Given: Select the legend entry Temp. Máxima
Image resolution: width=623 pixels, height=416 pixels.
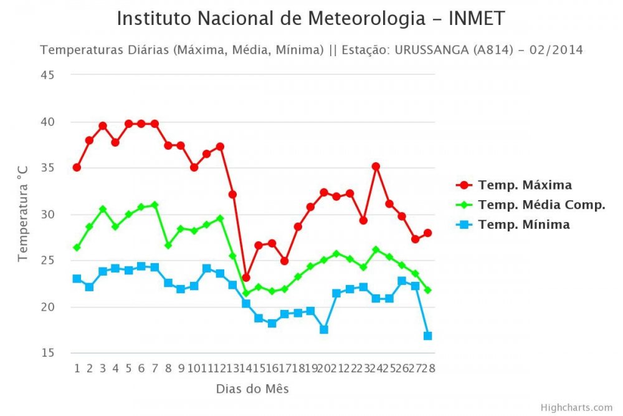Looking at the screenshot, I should click(525, 185).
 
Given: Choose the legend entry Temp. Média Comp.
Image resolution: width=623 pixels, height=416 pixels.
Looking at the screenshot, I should click(541, 205).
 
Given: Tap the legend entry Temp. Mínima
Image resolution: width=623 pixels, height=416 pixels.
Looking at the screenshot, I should click(523, 225).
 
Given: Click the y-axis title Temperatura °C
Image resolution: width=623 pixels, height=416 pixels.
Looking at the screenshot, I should click(23, 214).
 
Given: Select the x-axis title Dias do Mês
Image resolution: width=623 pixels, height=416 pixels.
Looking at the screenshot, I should click(252, 389).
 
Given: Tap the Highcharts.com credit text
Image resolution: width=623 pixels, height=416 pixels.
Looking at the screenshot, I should click(577, 407).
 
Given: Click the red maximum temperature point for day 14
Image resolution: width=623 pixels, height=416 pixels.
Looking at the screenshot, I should click(245, 277).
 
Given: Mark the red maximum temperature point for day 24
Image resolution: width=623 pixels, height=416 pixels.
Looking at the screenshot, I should click(376, 167).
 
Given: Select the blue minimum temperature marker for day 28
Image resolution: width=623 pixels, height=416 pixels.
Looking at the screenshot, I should click(427, 336).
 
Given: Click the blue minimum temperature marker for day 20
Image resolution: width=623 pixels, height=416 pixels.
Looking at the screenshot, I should click(323, 329).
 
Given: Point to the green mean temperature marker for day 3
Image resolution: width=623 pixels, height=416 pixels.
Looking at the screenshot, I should click(103, 209).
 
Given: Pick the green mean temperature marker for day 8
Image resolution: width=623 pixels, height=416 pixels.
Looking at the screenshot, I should click(168, 245).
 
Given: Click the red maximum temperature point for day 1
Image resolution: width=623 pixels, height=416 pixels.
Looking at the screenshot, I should click(77, 167).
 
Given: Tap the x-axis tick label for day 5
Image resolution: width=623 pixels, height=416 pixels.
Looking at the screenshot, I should click(128, 368).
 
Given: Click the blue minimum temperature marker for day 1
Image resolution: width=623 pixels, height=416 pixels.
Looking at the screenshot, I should click(77, 279).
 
